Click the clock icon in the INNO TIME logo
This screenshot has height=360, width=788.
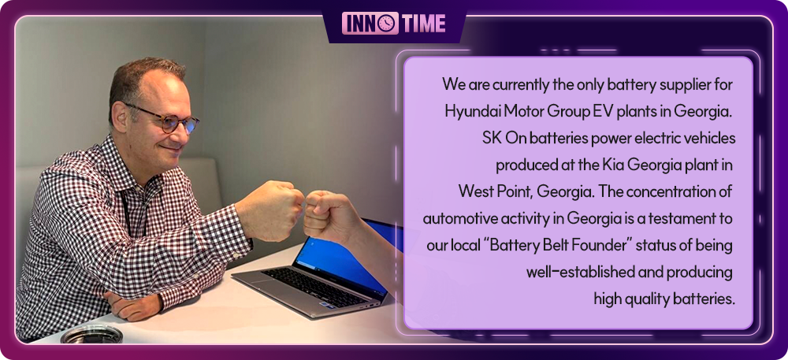coord(386,24)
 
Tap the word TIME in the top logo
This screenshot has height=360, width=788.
coord(423,24)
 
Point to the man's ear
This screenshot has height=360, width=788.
coord(120,117)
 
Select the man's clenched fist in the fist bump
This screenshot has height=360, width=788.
coord(271,210)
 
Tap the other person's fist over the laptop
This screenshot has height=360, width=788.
coord(329,217)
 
